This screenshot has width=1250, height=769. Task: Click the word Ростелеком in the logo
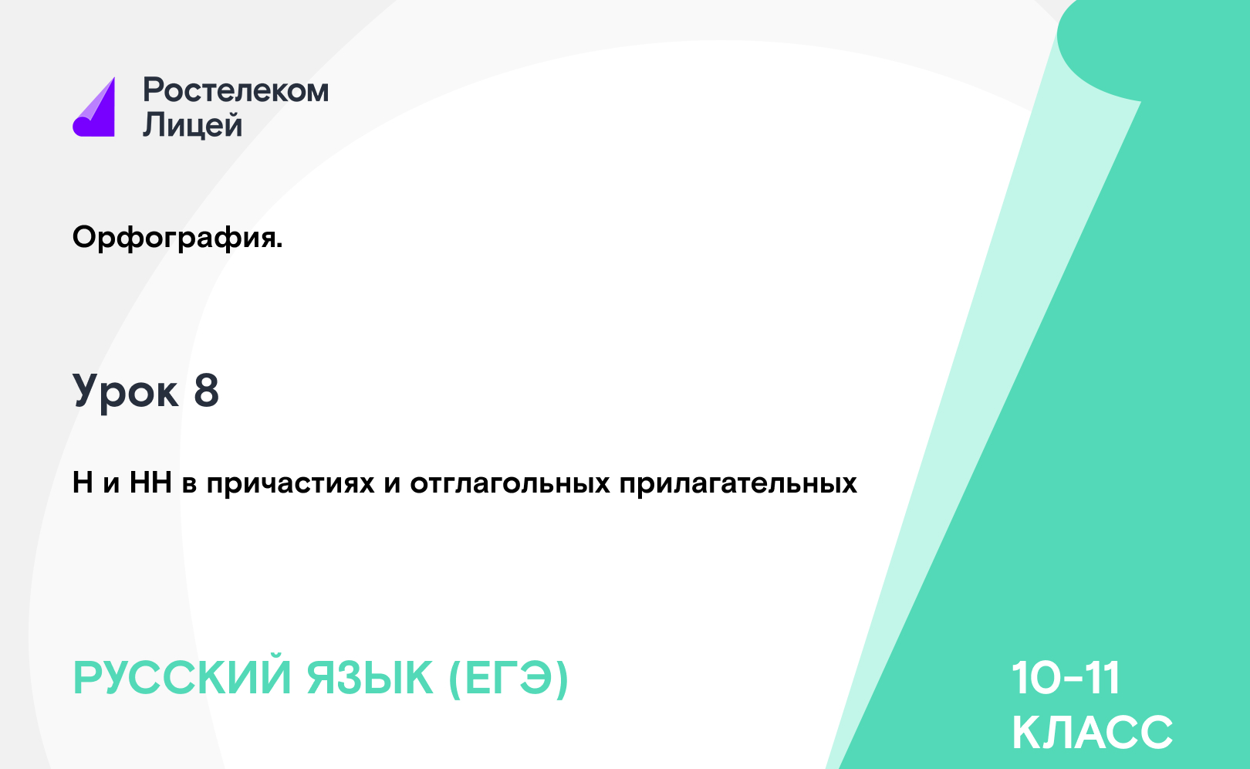coord(236,90)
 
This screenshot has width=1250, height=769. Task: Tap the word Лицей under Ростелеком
coord(193,124)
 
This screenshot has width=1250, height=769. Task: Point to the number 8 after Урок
coord(206,391)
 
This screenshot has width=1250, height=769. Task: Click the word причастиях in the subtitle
coord(290,483)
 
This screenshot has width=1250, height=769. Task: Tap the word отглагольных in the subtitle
coord(510,483)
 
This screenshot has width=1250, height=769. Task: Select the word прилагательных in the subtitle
coord(738,483)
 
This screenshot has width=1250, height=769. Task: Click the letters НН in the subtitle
coord(150,483)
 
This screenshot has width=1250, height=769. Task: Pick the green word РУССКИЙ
coord(182,678)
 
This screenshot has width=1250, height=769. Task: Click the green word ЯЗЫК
coord(370,678)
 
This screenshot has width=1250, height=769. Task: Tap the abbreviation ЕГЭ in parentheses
coord(508,678)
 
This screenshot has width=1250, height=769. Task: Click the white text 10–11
coord(1066,678)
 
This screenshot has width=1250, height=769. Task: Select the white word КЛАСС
coord(1093,732)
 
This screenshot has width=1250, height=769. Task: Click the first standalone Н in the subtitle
coord(83,483)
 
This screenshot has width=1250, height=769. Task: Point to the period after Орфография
coord(279,246)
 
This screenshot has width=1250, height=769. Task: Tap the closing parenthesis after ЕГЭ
coord(562,679)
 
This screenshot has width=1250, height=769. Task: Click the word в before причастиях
coord(189,486)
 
